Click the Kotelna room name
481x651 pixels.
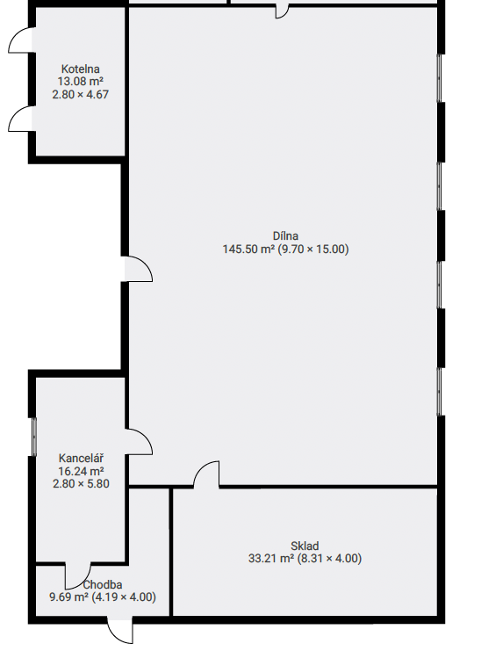point(81,69)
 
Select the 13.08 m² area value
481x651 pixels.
point(81,82)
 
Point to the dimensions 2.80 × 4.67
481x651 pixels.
point(81,95)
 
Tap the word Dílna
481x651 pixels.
point(285,235)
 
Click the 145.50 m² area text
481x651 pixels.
point(248,250)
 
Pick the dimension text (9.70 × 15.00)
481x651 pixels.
point(313,250)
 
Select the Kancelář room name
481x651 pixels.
point(81,458)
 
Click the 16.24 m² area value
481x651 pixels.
point(81,471)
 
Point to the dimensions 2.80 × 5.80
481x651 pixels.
point(81,484)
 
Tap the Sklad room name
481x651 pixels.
point(305,546)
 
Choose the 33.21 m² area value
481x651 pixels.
point(271,559)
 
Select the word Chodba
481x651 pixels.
point(103,584)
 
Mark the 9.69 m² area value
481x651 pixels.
point(68,597)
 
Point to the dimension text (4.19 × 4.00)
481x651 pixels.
point(124,597)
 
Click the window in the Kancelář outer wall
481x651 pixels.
point(34,437)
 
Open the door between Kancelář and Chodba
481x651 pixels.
point(77,575)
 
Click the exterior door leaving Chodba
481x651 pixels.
point(120,631)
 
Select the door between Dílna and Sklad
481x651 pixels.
point(206,474)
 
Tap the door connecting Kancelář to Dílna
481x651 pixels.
point(139,442)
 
